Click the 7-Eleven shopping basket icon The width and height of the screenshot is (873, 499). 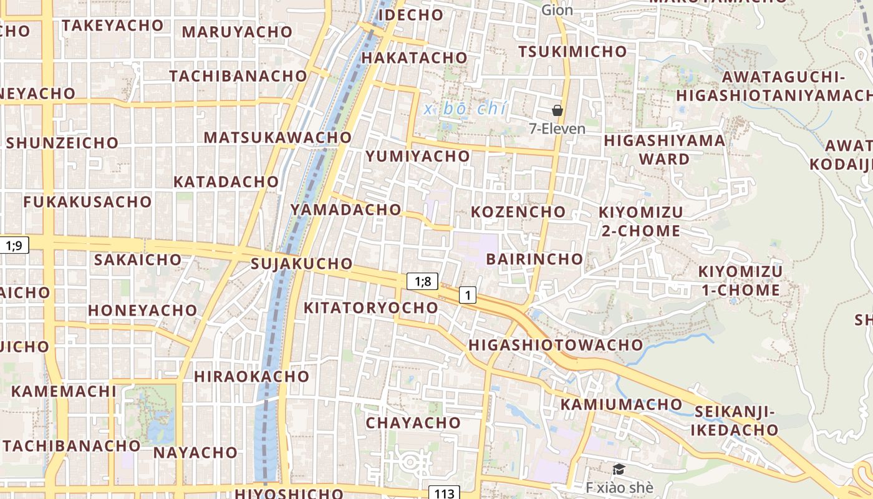tap(557, 110)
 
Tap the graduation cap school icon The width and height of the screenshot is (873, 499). tap(619, 469)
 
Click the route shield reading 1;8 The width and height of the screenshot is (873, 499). tap(423, 281)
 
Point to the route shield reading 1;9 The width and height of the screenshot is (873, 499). tap(14, 245)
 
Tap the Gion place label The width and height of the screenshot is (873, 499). tap(557, 10)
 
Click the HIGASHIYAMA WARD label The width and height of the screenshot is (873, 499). tap(665, 149)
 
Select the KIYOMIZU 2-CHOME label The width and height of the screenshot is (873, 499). tap(640, 221)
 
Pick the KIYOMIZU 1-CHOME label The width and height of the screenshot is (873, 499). tap(740, 281)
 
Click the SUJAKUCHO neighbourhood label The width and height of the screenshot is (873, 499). tap(301, 263)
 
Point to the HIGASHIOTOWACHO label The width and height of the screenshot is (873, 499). tap(555, 344)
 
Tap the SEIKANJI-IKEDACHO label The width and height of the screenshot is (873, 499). tap(734, 420)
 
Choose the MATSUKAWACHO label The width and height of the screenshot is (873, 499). tap(278, 137)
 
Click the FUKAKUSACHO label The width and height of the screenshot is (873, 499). tap(88, 201)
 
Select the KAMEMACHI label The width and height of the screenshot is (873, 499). tap(64, 391)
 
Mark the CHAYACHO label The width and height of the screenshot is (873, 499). tap(413, 422)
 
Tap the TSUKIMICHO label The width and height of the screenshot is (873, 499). tap(572, 52)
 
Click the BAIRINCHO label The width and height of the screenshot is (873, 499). tap(534, 258)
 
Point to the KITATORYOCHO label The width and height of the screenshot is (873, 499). tap(371, 308)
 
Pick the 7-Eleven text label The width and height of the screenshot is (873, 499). tap(557, 129)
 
